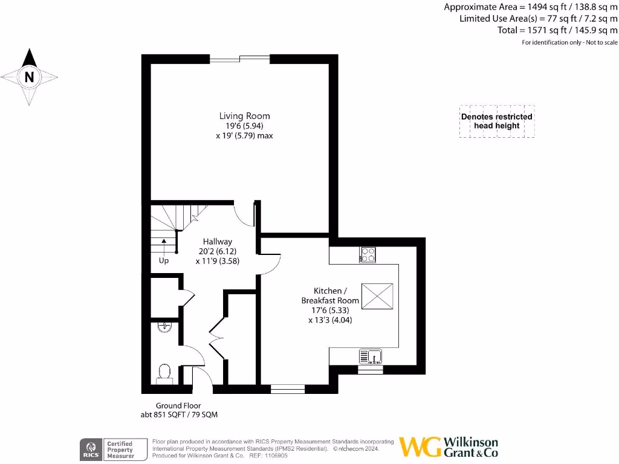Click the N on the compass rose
[29, 77]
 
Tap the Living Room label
[244, 116]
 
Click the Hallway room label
[217, 241]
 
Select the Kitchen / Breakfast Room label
[330, 295]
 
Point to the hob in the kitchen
[368, 255]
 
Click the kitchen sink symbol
[370, 356]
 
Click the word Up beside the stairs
[164, 262]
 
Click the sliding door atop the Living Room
[239, 59]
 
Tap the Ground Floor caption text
[178, 405]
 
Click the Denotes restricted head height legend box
[496, 121]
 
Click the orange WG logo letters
[420, 447]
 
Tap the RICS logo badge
[91, 449]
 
